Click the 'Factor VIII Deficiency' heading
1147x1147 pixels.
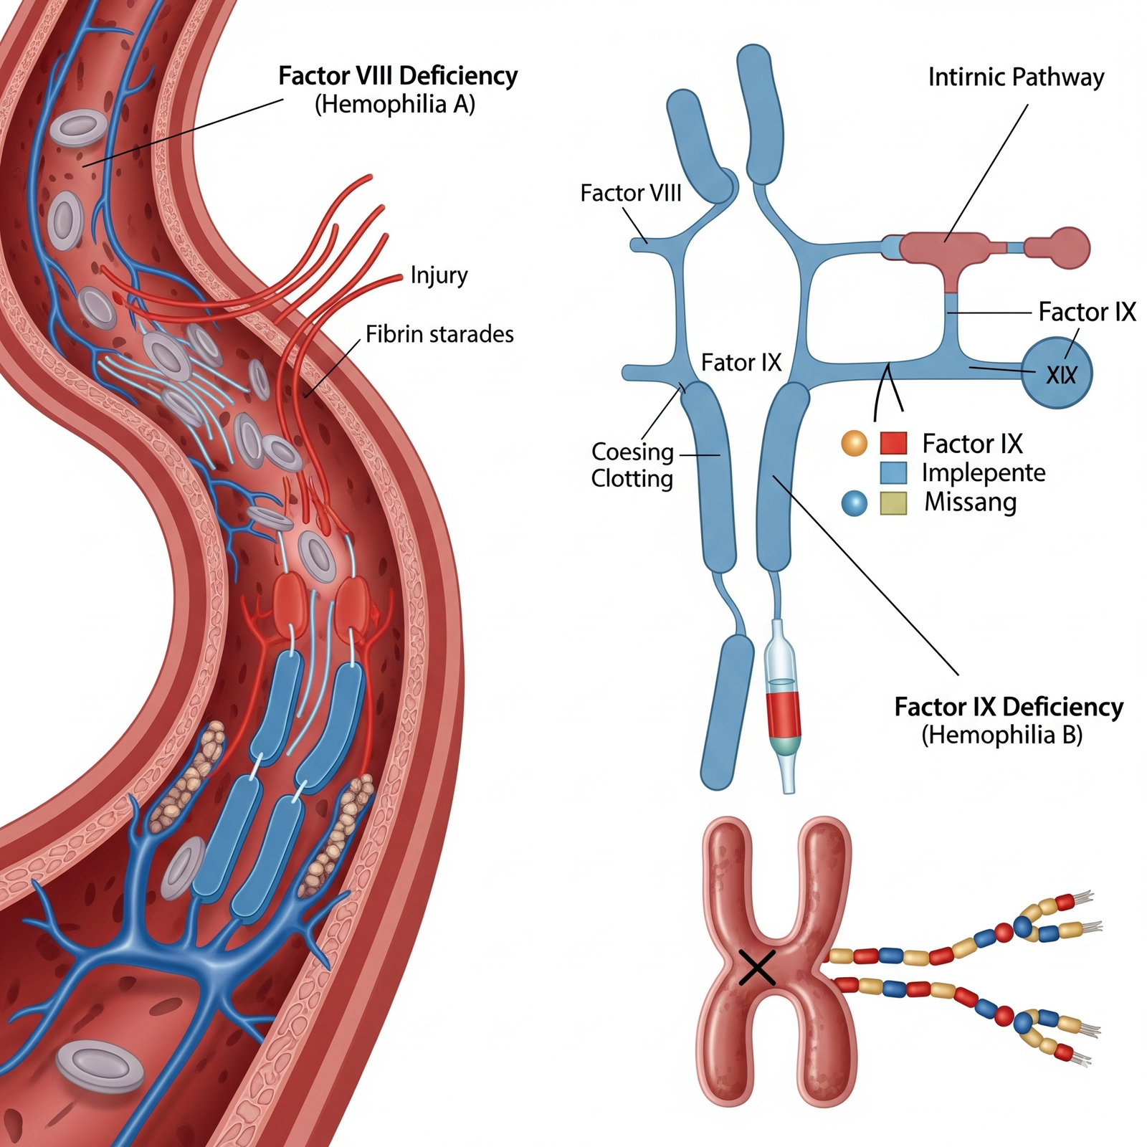pos(398,76)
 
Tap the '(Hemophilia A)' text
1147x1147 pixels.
pos(395,105)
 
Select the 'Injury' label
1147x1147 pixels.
pos(439,275)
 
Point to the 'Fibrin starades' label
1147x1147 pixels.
pos(439,334)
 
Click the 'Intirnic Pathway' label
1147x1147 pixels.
pos(1016,77)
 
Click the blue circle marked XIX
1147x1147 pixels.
pos(1057,373)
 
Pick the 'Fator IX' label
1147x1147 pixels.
pos(741,363)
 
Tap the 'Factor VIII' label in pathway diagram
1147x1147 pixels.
pos(630,194)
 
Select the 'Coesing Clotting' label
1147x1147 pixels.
pos(632,465)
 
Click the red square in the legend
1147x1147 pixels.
pos(893,444)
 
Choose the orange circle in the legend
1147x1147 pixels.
pos(854,444)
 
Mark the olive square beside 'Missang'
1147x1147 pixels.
pos(893,503)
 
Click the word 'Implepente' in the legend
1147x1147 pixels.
pos(983,473)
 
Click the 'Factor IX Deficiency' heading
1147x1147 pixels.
pos(1008,707)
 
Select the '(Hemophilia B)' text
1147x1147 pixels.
pos(1001,736)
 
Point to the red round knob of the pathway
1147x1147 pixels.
pos(1068,247)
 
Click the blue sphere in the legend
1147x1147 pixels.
pos(854,503)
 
